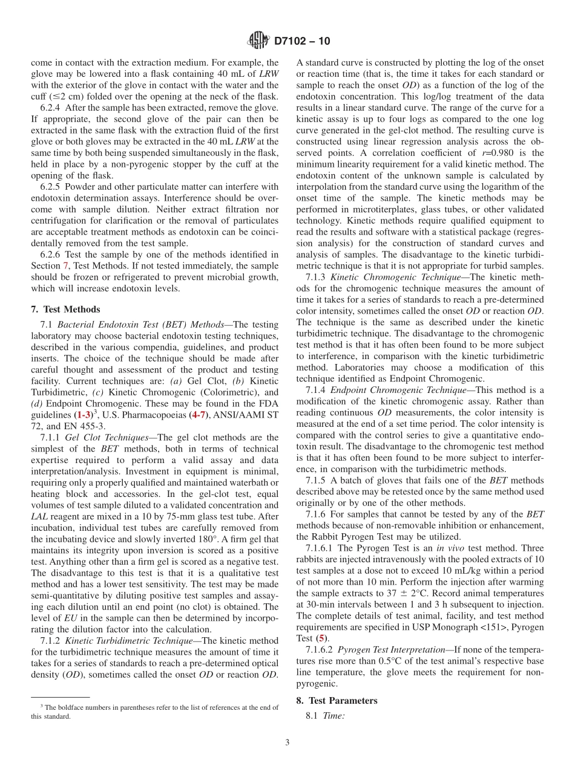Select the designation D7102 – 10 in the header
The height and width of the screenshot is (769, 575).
302,42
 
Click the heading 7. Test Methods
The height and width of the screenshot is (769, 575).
65,309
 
